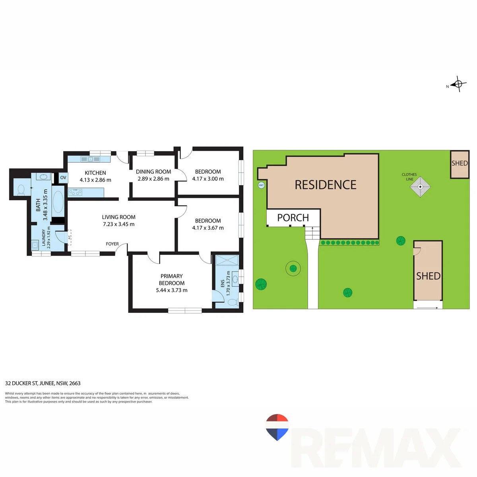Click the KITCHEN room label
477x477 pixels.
(95, 173)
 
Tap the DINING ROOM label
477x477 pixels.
(153, 172)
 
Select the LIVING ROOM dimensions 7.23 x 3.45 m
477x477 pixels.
(118, 224)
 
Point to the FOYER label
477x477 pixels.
(112, 244)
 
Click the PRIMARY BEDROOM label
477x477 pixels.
(172, 279)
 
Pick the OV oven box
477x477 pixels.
(63, 178)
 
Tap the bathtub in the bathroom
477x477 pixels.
(58, 202)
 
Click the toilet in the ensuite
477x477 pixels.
(233, 302)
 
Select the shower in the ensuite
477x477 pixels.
(227, 260)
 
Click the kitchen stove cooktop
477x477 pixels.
(75, 192)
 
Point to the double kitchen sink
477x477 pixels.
(90, 159)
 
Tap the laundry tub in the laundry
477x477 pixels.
(35, 245)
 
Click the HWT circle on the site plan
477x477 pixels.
(261, 185)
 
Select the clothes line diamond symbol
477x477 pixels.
(420, 187)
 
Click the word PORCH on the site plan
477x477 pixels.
(293, 218)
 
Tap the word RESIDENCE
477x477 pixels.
(326, 185)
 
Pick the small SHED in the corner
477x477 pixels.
(460, 164)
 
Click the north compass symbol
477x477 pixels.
(458, 84)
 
